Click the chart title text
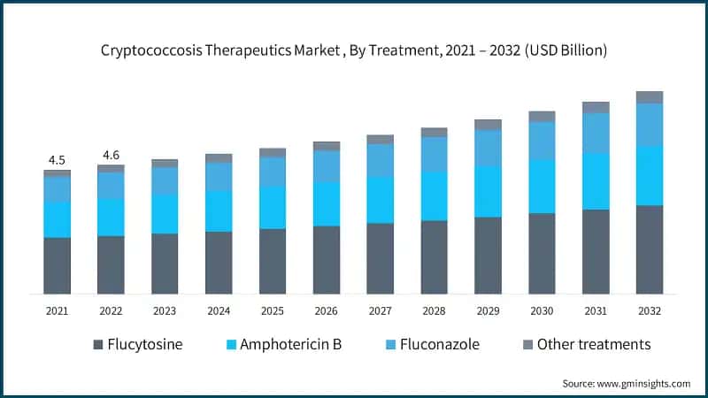click(x=354, y=50)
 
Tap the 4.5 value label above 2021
click(x=57, y=160)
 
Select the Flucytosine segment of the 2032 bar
click(x=650, y=249)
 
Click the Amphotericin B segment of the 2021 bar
click(x=57, y=219)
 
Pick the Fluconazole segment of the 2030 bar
click(x=542, y=141)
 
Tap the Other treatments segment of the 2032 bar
click(x=650, y=97)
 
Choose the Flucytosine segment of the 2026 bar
click(x=327, y=260)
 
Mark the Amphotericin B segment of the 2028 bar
click(x=434, y=195)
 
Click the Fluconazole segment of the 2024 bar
click(x=219, y=177)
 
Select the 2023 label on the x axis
click(x=165, y=311)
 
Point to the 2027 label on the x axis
click(x=381, y=311)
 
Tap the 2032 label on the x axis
click(x=650, y=311)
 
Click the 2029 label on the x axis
click(x=488, y=311)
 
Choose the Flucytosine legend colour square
click(x=97, y=344)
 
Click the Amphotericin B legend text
click(x=297, y=344)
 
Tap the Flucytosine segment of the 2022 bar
click(x=111, y=264)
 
